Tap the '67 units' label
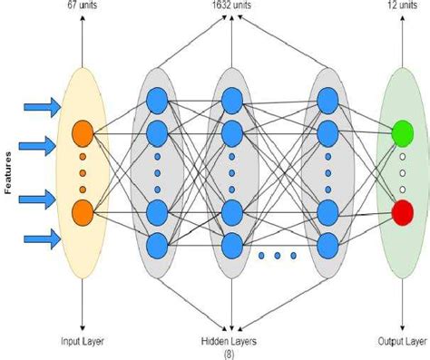[83, 5]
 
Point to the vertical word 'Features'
[8, 172]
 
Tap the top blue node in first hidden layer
[156, 99]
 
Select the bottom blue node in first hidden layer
[156, 245]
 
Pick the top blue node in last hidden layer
[324, 99]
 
